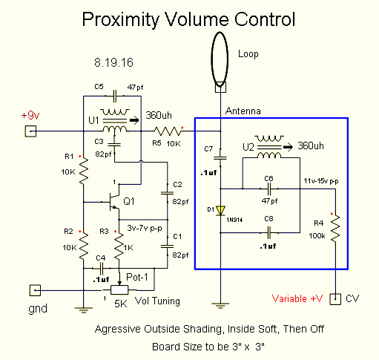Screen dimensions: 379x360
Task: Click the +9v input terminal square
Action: pos(30,131)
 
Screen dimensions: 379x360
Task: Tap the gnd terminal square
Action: pos(35,290)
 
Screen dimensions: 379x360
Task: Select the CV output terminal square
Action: pos(335,299)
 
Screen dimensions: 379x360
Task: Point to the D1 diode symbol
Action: pos(220,211)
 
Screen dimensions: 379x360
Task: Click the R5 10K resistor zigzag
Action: pos(168,131)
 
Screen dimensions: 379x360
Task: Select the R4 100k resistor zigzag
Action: pos(335,229)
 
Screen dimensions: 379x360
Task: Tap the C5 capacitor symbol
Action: pos(115,96)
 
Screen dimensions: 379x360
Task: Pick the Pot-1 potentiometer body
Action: pos(119,289)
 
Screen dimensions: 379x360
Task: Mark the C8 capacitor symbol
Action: pos(269,233)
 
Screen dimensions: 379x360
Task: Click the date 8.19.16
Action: pos(113,62)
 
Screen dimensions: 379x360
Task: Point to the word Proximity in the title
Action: pos(121,20)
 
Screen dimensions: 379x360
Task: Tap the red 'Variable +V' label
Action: pos(297,298)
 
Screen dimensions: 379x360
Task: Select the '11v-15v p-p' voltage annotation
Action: pos(321,181)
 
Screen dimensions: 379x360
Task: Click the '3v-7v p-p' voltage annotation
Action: pos(145,228)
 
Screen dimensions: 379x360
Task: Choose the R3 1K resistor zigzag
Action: pos(119,246)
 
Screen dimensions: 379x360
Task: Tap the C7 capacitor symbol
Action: pos(220,157)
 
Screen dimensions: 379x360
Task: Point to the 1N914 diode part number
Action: pos(234,220)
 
